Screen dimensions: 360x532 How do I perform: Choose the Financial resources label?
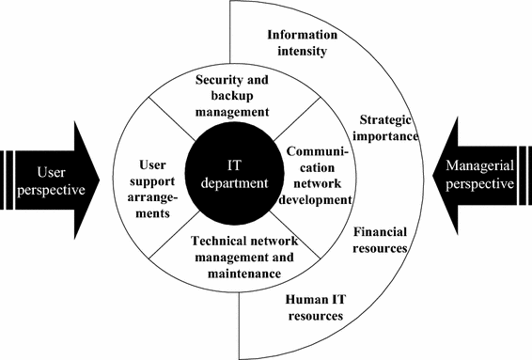[381, 240]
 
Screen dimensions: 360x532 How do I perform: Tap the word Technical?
[200, 241]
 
